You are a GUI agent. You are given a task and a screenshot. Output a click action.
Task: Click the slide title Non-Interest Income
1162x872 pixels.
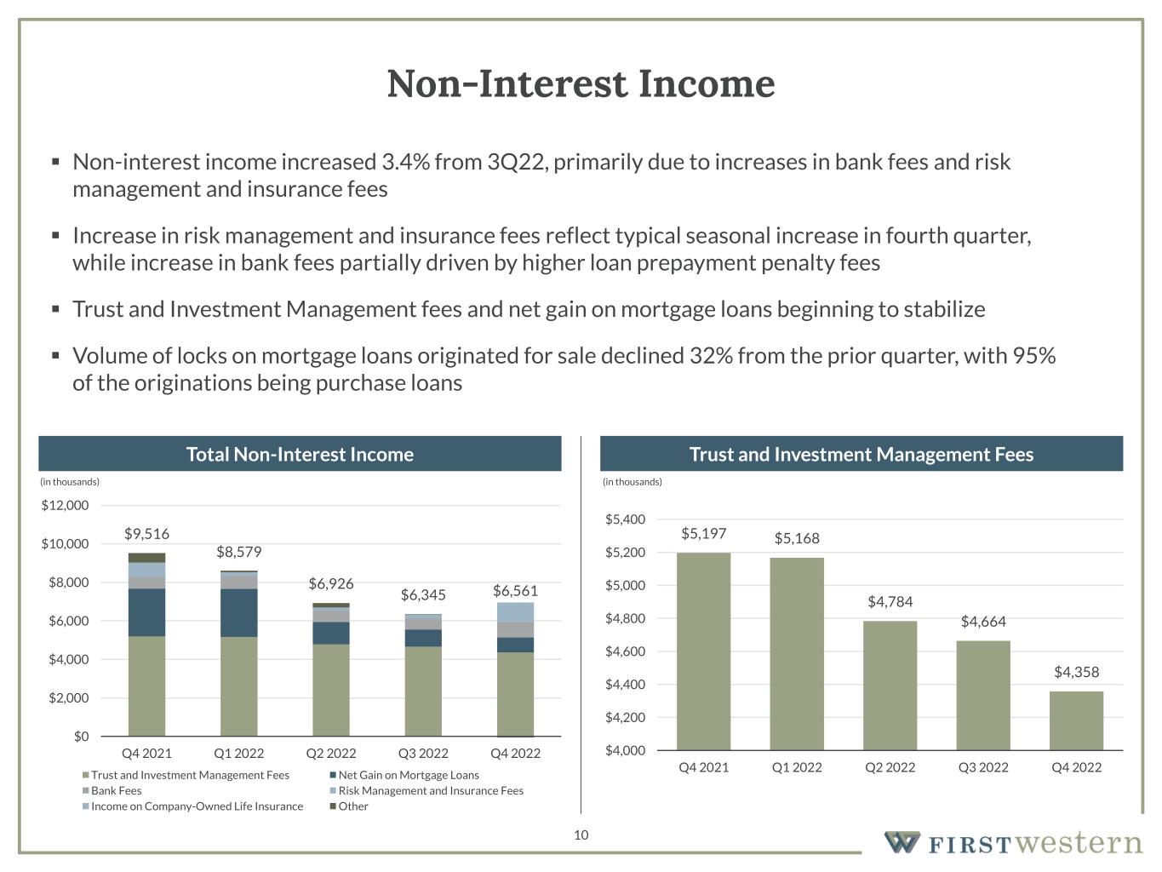click(581, 83)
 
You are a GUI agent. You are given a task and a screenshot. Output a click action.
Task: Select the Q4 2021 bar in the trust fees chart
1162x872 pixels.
click(703, 651)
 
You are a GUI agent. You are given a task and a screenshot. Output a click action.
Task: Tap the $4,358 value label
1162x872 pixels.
click(1076, 672)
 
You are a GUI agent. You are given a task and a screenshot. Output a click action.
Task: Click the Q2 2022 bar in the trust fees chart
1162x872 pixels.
click(890, 686)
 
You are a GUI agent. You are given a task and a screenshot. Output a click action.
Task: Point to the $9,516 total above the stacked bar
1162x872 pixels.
click(146, 534)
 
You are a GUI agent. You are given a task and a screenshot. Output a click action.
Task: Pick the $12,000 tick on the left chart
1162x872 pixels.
click(65, 505)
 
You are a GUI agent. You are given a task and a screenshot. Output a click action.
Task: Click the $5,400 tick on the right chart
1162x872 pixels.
click(625, 519)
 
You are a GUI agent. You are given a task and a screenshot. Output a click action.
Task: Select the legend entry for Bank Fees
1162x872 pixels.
click(117, 791)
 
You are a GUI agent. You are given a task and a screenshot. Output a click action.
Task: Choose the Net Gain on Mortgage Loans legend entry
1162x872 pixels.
click(409, 775)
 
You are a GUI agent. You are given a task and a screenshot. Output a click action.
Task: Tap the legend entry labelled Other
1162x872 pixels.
click(353, 806)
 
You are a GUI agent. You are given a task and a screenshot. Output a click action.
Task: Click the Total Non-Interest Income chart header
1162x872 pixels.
click(300, 454)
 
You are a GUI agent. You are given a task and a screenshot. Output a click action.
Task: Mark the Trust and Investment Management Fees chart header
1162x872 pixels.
click(861, 454)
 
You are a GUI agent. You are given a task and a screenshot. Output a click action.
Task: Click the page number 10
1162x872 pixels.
click(581, 835)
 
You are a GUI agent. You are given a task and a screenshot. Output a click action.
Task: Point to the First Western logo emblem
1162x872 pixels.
click(902, 842)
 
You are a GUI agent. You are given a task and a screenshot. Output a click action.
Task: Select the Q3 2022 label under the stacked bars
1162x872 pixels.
click(423, 753)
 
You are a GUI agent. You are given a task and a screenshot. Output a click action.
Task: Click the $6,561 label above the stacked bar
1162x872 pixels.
click(515, 590)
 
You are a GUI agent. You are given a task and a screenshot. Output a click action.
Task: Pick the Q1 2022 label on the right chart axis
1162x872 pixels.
click(797, 767)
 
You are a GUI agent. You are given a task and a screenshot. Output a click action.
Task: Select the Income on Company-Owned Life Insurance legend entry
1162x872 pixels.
click(197, 806)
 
